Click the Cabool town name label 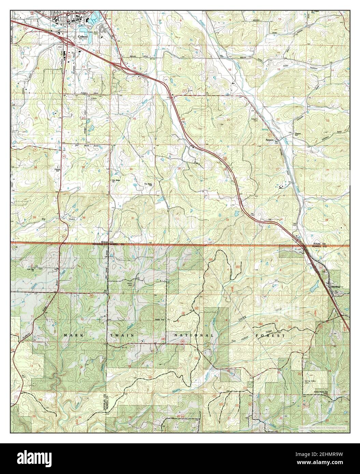click(83, 35)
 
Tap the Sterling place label click(336, 287)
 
